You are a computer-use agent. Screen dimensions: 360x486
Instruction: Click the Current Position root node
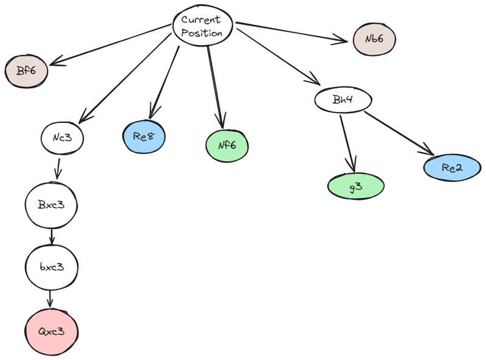click(203, 27)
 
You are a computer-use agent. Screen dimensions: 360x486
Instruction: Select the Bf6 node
click(26, 71)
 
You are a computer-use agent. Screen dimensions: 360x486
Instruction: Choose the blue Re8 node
click(144, 137)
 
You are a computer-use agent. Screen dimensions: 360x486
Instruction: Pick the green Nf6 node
click(226, 145)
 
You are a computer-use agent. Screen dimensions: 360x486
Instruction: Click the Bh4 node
click(343, 100)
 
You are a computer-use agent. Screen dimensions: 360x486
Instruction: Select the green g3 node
click(356, 187)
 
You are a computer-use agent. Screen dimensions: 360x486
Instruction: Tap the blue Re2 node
click(453, 168)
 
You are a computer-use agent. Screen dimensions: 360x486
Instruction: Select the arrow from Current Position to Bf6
click(109, 44)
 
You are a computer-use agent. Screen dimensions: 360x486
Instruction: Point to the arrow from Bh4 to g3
click(347, 141)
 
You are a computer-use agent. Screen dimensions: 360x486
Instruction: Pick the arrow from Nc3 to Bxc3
click(58, 168)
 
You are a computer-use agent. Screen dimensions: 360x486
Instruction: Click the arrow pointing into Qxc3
click(51, 299)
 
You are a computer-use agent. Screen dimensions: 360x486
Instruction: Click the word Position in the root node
click(203, 34)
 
